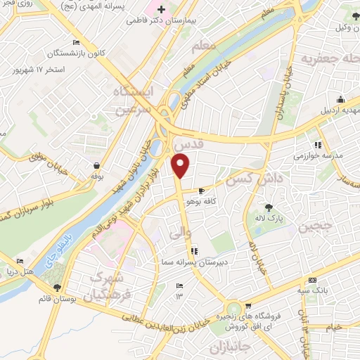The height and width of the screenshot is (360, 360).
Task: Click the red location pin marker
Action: coord(181,166)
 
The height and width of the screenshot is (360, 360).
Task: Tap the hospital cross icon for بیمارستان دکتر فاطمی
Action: coord(162,11)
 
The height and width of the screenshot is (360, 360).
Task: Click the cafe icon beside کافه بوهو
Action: coord(202,191)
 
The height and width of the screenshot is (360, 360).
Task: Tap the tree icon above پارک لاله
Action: coord(269,207)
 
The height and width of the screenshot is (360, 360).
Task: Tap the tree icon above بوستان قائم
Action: coord(58,287)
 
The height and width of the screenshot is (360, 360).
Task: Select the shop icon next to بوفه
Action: coord(96,166)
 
